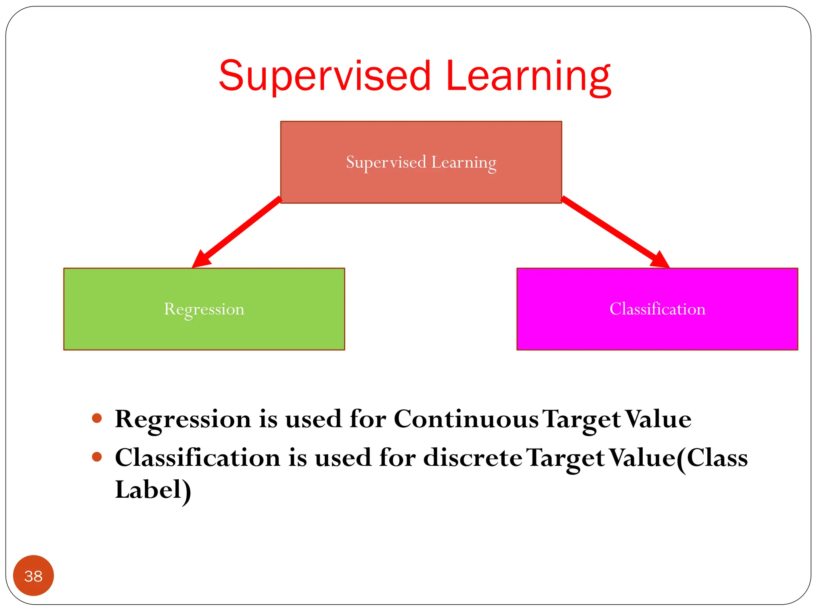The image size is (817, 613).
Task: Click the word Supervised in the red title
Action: point(325,76)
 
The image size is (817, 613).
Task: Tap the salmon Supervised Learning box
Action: point(421,162)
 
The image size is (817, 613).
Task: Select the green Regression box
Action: point(204,309)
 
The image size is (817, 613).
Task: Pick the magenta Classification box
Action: point(657,309)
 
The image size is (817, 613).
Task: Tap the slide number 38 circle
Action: point(34,575)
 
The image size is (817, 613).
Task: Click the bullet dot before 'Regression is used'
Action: point(97,418)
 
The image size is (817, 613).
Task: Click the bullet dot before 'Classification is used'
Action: point(97,457)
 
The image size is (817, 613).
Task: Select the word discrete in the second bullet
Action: point(472,457)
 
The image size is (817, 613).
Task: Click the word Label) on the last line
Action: point(153,490)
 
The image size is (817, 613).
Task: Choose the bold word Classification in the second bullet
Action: point(197,457)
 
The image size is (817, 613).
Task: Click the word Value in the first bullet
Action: point(658,419)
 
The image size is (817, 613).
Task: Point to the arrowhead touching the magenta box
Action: point(660,260)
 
